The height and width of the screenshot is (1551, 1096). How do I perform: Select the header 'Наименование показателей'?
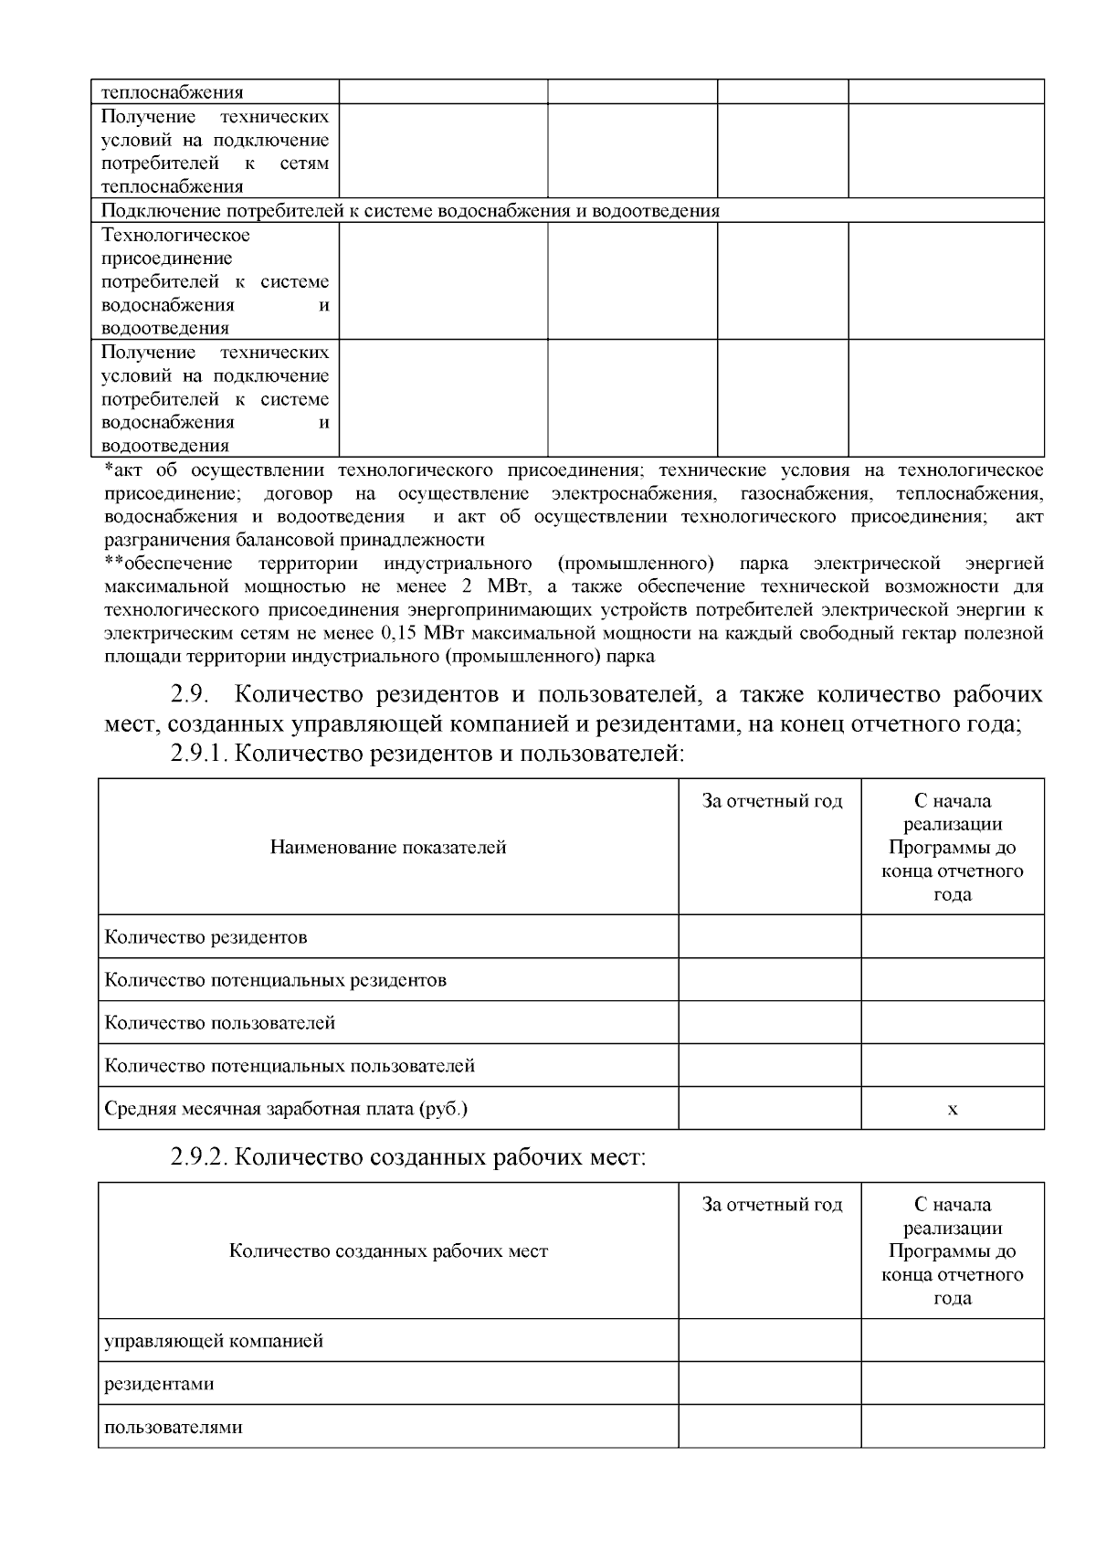click(x=388, y=848)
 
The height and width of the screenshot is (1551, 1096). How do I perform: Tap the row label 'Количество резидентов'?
click(x=205, y=937)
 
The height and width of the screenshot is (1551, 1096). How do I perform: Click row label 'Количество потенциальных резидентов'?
click(x=276, y=980)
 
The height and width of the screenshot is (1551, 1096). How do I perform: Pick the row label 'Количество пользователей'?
click(x=220, y=1023)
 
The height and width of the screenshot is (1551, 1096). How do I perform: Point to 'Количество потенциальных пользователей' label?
click(x=290, y=1066)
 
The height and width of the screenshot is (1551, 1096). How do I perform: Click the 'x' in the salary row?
click(x=953, y=1110)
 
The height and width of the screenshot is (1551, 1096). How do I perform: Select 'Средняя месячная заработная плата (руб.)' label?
click(x=286, y=1110)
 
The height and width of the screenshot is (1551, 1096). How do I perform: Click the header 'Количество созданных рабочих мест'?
click(x=388, y=1251)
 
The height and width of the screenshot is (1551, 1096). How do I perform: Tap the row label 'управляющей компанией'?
click(x=214, y=1342)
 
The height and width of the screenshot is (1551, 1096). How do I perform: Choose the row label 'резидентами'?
click(x=160, y=1384)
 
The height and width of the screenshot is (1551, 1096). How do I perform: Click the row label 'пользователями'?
click(x=174, y=1427)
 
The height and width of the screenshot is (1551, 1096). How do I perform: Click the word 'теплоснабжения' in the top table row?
click(x=172, y=92)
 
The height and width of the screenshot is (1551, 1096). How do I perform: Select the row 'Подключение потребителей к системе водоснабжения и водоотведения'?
click(x=410, y=211)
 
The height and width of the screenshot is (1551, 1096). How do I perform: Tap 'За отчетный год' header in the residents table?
click(x=772, y=802)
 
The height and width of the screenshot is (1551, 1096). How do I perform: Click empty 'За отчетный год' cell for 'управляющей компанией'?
click(x=770, y=1342)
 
